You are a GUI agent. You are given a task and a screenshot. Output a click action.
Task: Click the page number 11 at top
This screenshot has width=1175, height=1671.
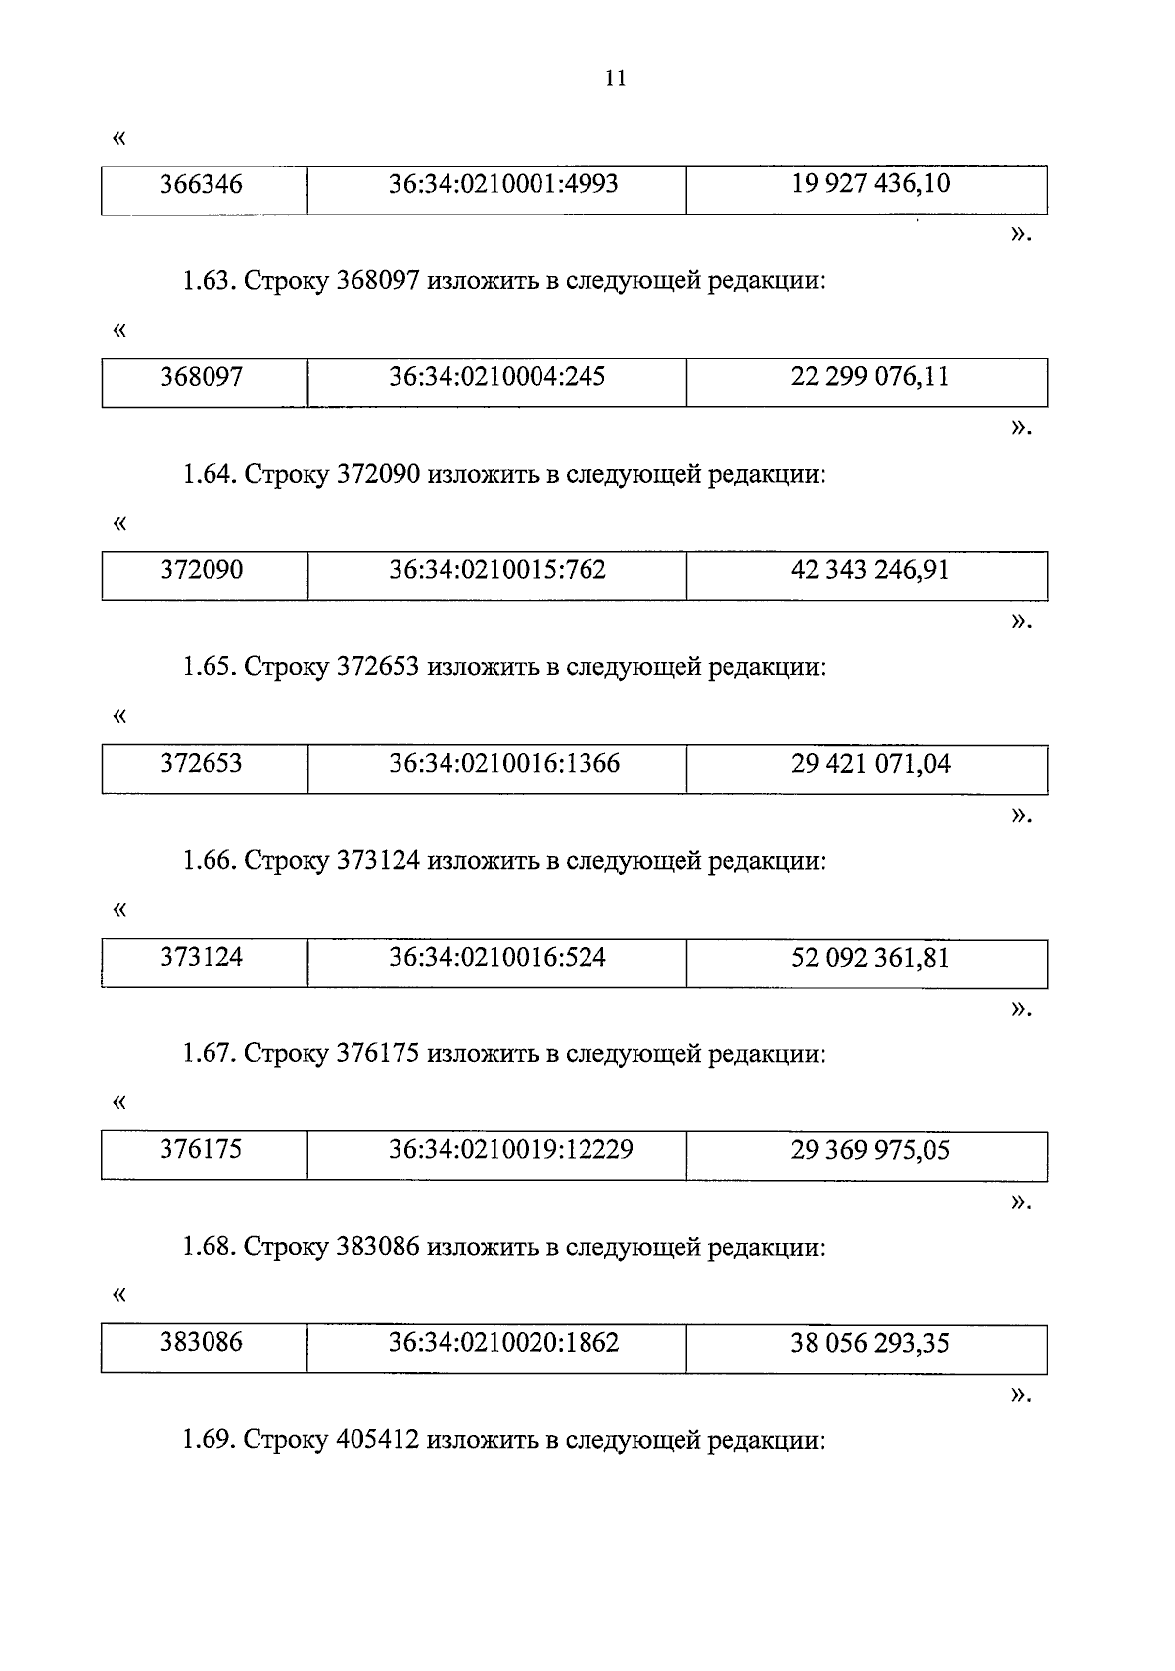coord(615,78)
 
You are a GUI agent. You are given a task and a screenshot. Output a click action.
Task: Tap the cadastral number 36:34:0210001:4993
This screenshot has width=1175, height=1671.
coord(503,184)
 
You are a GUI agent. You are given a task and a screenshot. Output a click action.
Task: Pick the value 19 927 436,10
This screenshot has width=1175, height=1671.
coord(870,184)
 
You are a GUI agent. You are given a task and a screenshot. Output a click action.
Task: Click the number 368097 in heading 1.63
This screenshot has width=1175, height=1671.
coord(378,282)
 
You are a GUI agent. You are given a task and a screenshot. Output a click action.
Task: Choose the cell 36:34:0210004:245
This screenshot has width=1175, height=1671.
coord(496,377)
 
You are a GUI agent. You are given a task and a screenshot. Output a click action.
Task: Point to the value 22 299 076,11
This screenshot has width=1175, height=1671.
coord(870,377)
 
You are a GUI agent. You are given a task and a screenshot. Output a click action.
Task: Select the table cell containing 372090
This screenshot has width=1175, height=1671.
coord(202,570)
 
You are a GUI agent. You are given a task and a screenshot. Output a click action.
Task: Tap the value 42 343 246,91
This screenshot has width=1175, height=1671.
coord(870,570)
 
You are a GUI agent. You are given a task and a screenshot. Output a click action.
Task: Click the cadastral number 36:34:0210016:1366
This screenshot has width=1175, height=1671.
coord(504,763)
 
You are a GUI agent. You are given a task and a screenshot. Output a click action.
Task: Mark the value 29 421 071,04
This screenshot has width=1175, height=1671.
coord(870,763)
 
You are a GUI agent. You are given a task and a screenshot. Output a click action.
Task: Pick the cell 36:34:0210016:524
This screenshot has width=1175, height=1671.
coord(496,957)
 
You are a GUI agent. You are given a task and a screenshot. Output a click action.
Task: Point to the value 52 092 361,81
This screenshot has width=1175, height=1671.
coord(870,957)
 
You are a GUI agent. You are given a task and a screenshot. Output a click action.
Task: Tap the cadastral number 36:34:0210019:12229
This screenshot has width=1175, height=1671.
coord(510,1149)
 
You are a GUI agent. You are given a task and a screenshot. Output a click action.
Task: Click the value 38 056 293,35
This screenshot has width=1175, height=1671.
coord(870,1342)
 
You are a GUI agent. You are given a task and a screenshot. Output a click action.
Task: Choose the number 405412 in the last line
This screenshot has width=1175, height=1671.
coord(378,1440)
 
